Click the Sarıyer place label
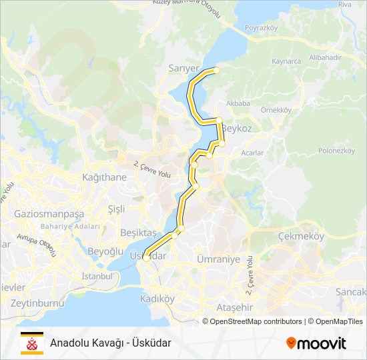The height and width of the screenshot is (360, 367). pyautogui.click(x=184, y=68)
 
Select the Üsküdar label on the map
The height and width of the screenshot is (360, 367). pyautogui.click(x=147, y=256)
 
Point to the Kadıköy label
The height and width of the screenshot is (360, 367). pyautogui.click(x=157, y=299)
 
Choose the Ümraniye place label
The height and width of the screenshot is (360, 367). pyautogui.click(x=218, y=259)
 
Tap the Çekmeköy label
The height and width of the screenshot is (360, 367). pyautogui.click(x=302, y=236)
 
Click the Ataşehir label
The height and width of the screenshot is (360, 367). pyautogui.click(x=234, y=307)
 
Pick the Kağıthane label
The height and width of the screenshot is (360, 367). pyautogui.click(x=103, y=177)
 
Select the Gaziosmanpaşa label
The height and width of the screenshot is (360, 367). pyautogui.click(x=49, y=214)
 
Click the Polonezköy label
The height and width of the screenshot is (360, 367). pyautogui.click(x=336, y=151)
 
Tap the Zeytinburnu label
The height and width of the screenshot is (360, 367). pyautogui.click(x=32, y=303)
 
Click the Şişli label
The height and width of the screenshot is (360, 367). pyautogui.click(x=116, y=209)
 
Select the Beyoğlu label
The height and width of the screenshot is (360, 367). pyautogui.click(x=105, y=251)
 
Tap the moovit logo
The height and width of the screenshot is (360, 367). pyautogui.click(x=316, y=343)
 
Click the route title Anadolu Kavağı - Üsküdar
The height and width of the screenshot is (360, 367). pyautogui.click(x=111, y=343)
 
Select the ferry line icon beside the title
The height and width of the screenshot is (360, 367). pyautogui.click(x=31, y=341)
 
